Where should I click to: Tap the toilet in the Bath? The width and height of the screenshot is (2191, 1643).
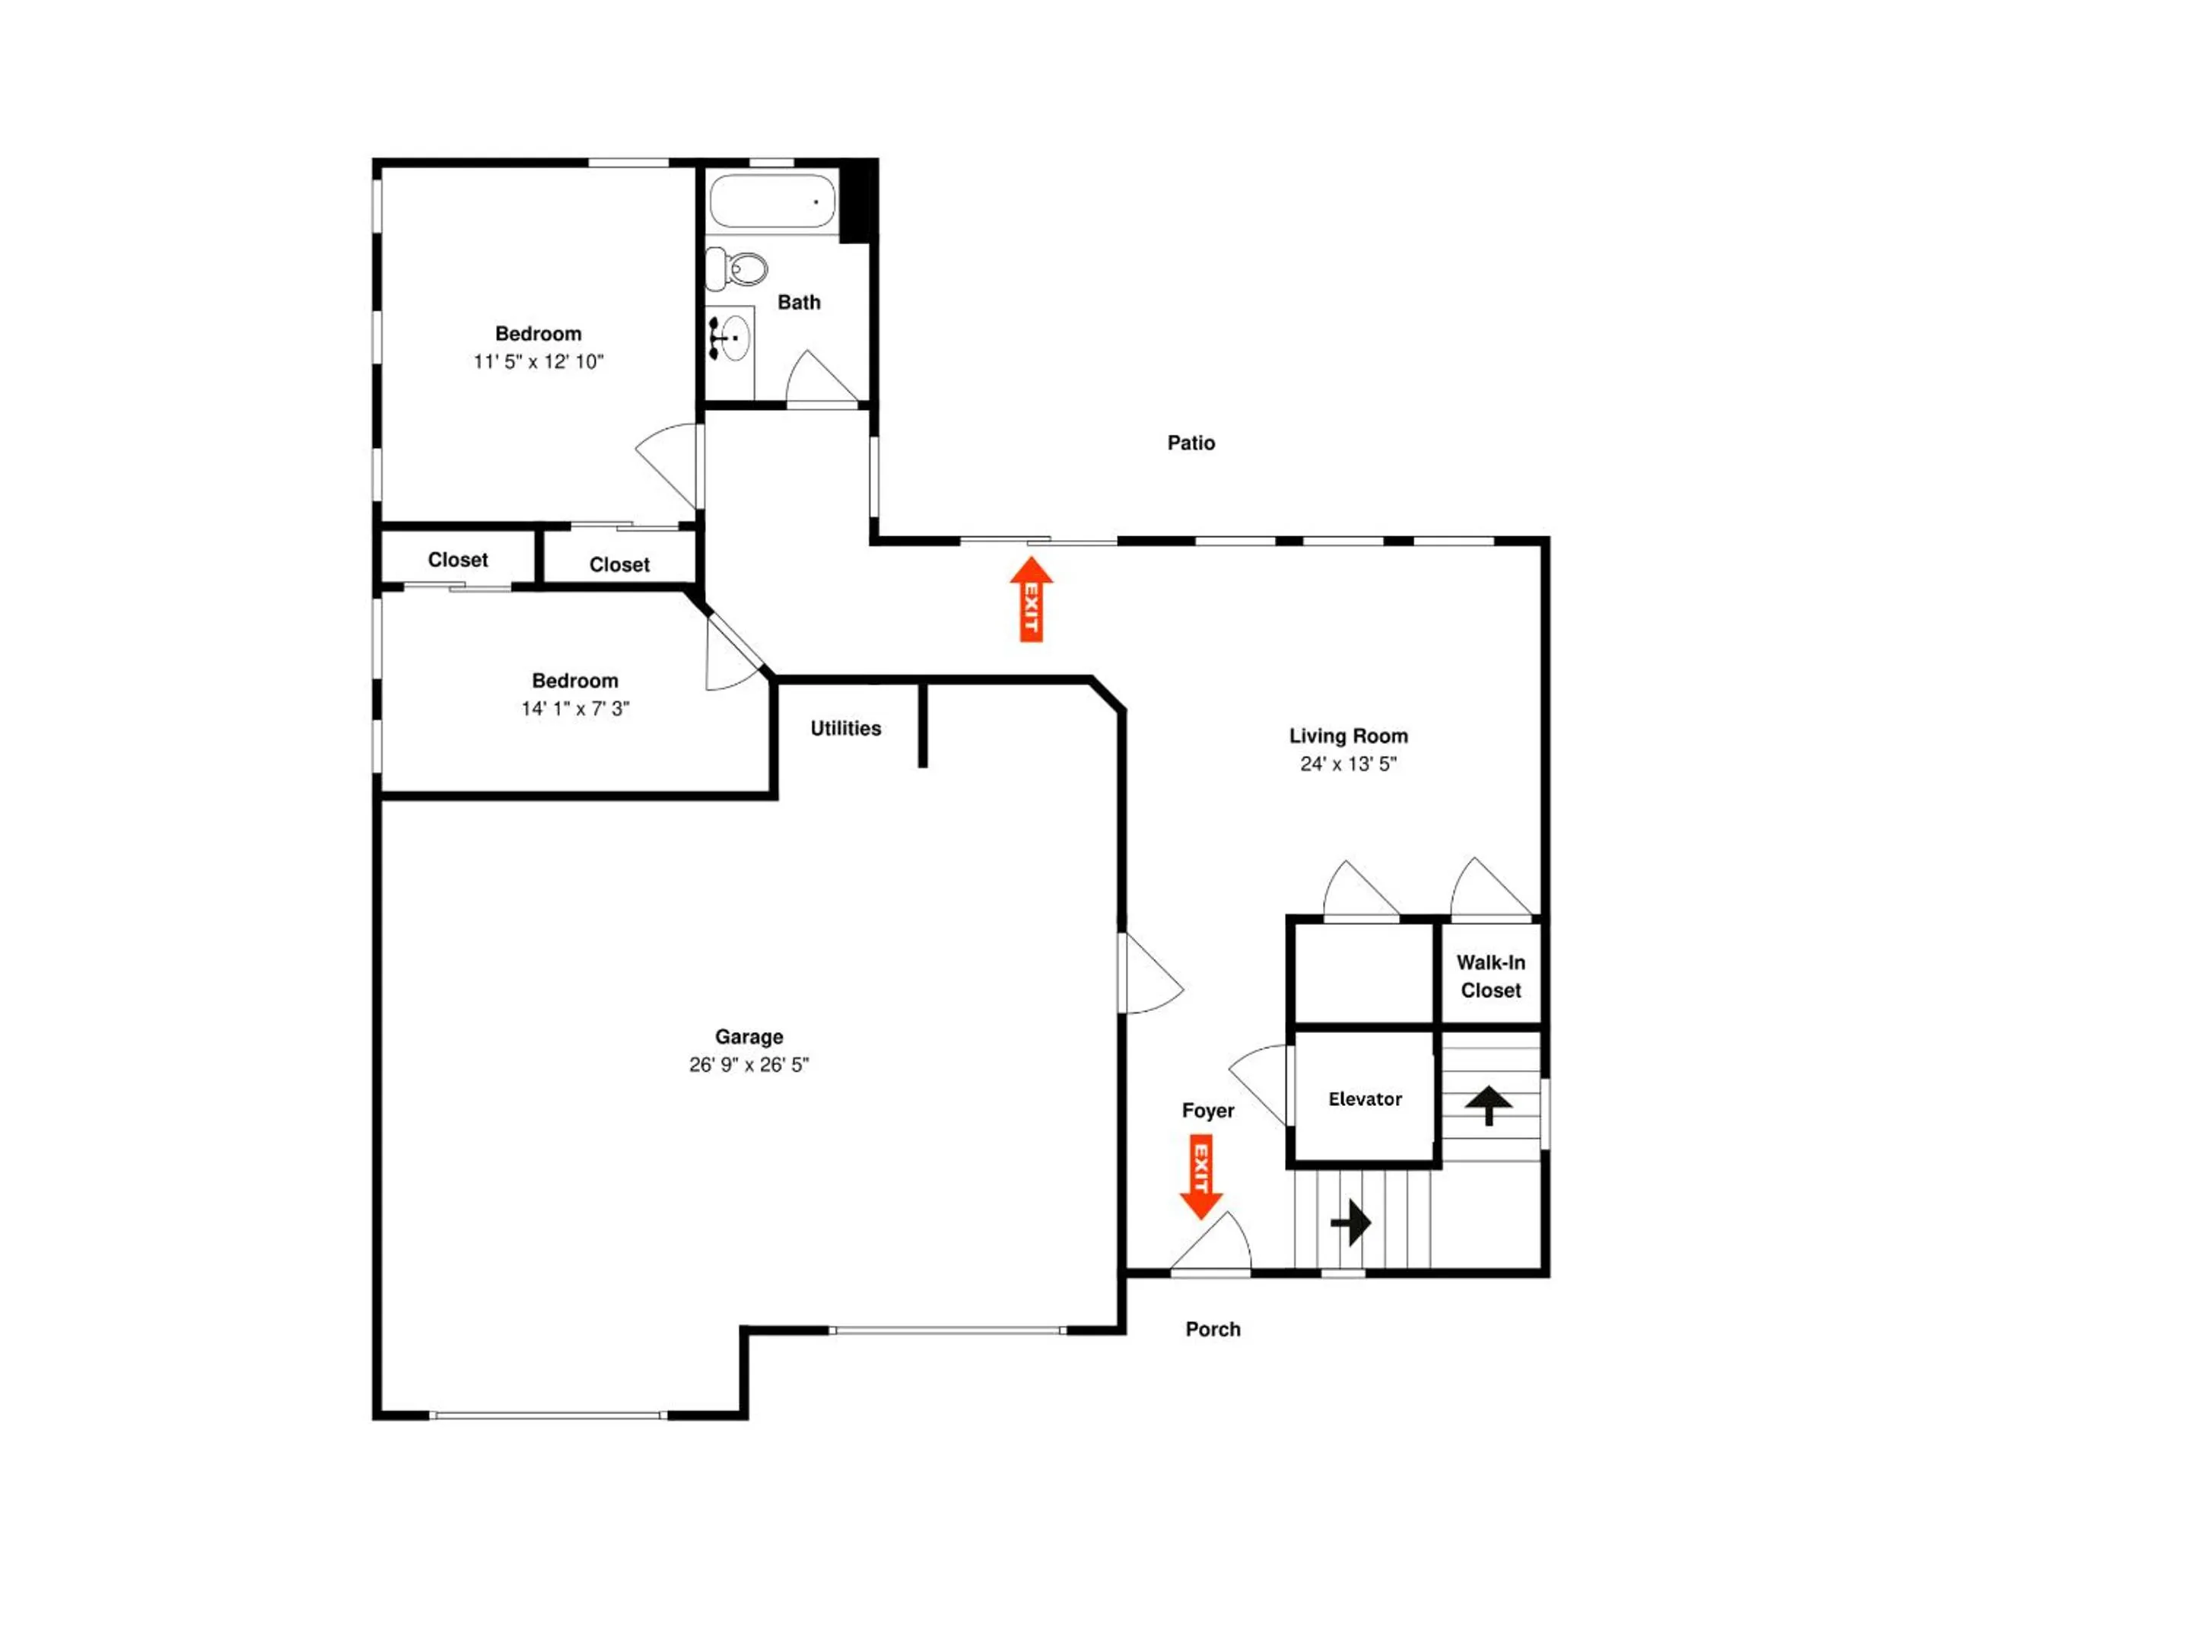click(x=737, y=269)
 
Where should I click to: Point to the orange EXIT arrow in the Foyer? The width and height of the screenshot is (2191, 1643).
click(x=1200, y=1177)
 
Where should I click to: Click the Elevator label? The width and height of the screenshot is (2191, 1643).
click(x=1365, y=1099)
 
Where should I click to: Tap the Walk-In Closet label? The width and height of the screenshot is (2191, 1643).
click(x=1490, y=977)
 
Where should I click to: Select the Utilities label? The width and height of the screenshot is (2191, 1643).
click(x=846, y=729)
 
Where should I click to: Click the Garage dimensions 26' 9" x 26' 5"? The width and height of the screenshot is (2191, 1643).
click(x=749, y=1065)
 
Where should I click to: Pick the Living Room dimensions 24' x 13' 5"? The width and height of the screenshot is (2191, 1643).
click(x=1348, y=764)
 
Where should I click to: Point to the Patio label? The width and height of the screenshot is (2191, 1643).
click(x=1191, y=443)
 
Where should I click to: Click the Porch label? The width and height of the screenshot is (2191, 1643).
click(x=1213, y=1329)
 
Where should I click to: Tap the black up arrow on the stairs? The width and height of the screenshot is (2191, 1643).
click(x=1489, y=1105)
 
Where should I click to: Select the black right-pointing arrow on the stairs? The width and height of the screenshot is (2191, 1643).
click(x=1351, y=1223)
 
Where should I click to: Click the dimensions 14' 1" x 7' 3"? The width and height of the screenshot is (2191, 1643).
click(x=575, y=708)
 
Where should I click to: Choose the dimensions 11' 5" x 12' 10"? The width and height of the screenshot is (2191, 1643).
click(x=538, y=361)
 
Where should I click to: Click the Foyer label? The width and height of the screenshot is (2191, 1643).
click(x=1207, y=1111)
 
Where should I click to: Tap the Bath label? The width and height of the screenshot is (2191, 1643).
click(x=798, y=303)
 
